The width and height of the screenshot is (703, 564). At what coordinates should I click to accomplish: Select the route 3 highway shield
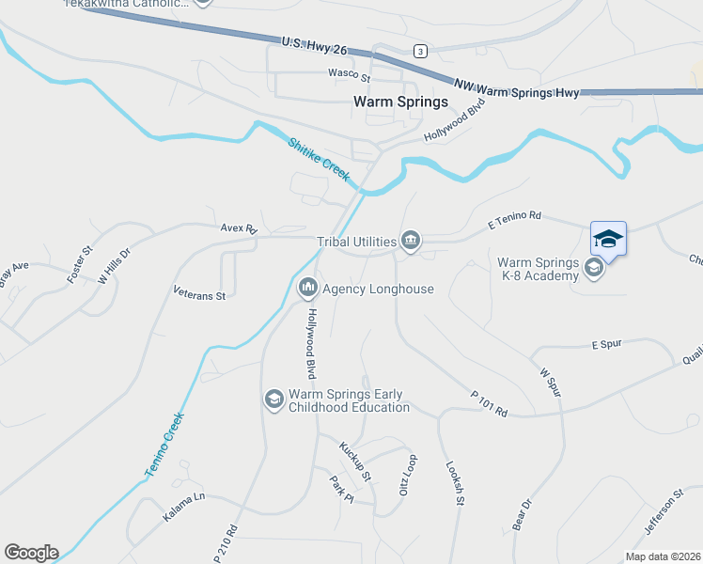(x=419, y=50)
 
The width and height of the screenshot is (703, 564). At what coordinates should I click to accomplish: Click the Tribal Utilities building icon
(x=411, y=242)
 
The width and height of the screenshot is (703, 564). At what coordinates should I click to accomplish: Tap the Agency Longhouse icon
(x=307, y=288)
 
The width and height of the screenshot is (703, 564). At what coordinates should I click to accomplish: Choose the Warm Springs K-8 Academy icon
(x=593, y=269)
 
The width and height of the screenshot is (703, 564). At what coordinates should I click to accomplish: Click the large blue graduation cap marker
(x=608, y=239)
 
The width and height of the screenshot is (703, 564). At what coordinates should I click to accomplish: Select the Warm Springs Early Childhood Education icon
(x=273, y=399)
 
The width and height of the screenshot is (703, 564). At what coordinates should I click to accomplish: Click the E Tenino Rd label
(x=515, y=218)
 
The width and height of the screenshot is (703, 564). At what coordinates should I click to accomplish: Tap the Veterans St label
(x=199, y=294)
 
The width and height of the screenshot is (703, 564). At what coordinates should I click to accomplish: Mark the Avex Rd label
(x=239, y=228)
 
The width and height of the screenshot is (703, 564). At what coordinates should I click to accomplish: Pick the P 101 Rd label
(x=488, y=405)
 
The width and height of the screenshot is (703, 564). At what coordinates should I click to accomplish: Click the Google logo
(x=31, y=553)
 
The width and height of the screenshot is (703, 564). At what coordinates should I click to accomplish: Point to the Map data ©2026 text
(x=663, y=556)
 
